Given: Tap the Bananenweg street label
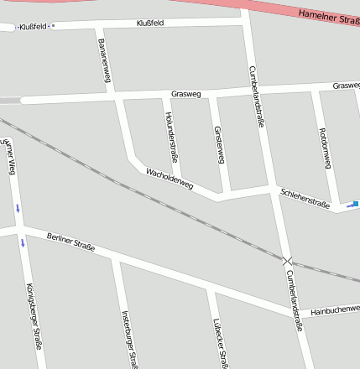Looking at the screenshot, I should (105, 60).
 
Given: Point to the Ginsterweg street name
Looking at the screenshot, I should (220, 146).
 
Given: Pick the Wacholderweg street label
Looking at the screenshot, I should (170, 177).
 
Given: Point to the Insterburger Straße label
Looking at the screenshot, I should (129, 340).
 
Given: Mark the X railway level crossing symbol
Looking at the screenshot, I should (287, 262).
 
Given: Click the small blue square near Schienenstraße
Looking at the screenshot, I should (354, 204).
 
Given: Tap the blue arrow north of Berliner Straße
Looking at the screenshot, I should (18, 207).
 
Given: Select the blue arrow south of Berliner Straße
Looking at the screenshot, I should (23, 242).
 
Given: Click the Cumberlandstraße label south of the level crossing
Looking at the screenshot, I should (294, 300).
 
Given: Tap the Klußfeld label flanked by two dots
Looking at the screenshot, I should (34, 26).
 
